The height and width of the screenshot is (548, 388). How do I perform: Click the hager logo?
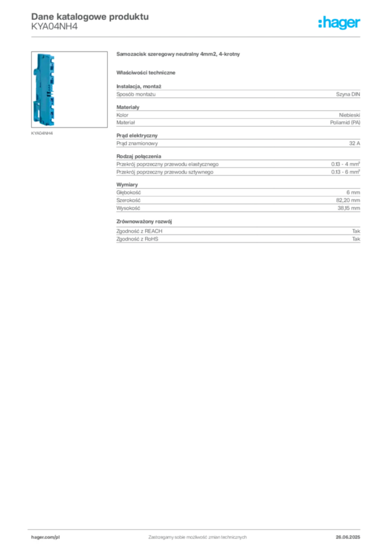click(339, 23)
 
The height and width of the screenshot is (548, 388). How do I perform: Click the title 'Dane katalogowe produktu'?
click(90, 17)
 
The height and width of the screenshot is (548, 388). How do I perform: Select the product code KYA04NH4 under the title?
click(54, 27)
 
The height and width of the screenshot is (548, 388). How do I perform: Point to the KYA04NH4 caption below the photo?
click(42, 133)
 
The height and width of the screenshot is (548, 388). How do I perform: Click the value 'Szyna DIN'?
click(348, 94)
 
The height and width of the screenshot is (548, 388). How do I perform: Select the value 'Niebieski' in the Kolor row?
click(349, 115)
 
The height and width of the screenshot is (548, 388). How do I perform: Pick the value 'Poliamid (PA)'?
click(345, 123)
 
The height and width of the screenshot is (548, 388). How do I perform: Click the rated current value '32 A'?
click(354, 143)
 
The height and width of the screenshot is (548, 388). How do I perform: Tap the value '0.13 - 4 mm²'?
click(345, 164)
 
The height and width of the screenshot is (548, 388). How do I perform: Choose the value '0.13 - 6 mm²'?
click(345, 172)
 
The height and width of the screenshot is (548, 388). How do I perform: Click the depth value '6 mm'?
click(353, 193)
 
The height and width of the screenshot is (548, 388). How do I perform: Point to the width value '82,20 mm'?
click(348, 200)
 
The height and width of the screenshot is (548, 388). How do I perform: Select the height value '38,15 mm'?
click(348, 208)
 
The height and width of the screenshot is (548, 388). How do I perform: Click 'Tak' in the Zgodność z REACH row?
click(356, 231)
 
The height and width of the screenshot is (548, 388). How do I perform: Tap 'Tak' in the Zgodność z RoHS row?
click(356, 239)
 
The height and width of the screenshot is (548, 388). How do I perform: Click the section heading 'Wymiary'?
click(127, 185)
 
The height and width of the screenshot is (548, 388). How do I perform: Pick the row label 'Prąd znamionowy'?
click(137, 143)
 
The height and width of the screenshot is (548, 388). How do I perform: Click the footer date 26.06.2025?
click(348, 537)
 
